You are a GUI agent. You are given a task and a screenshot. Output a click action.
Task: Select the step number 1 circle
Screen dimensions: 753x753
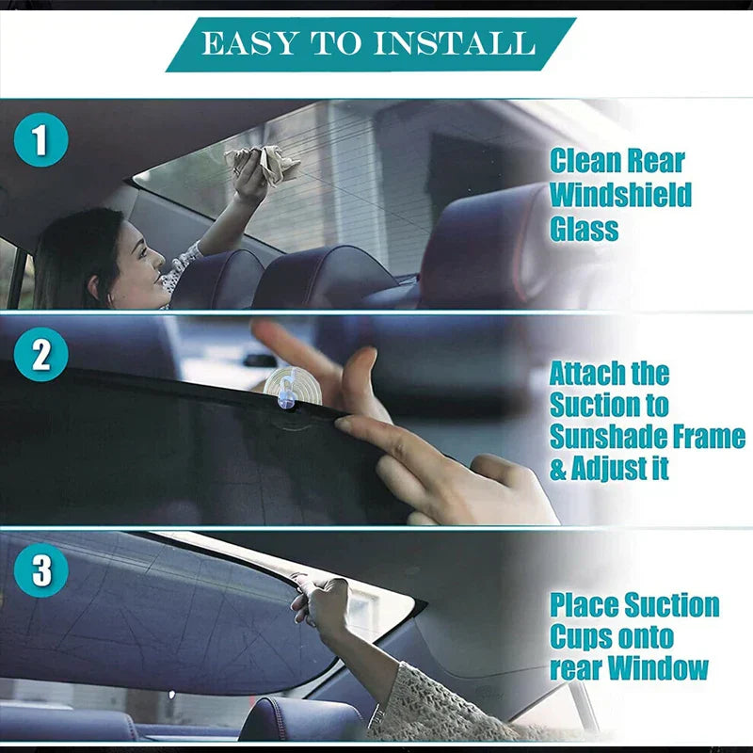click(40, 140)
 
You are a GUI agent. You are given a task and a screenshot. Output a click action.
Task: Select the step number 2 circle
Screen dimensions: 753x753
click(40, 357)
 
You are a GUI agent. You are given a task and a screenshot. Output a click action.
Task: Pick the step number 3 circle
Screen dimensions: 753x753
click(40, 570)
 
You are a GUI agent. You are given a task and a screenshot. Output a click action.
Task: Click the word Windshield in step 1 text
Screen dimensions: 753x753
click(620, 195)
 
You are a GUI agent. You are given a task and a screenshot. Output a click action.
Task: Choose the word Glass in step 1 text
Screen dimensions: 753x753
click(584, 229)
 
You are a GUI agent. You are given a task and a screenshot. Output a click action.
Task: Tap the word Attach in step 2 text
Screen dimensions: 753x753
click(587, 374)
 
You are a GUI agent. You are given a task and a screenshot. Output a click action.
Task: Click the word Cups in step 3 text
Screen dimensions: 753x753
click(581, 636)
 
